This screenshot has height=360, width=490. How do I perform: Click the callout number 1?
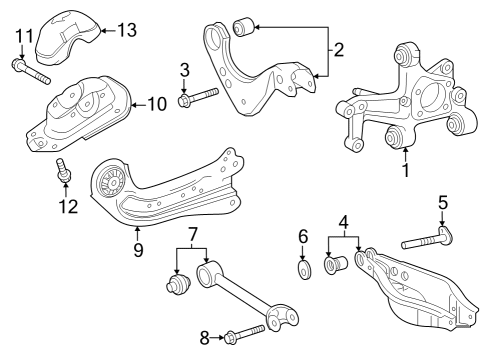point(405,171)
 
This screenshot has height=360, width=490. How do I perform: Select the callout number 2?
point(338,49)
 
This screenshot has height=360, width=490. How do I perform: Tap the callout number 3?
point(184,69)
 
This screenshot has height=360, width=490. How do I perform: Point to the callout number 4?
point(343,222)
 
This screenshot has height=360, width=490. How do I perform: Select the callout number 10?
point(158,103)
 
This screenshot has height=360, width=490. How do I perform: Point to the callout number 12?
point(68,206)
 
